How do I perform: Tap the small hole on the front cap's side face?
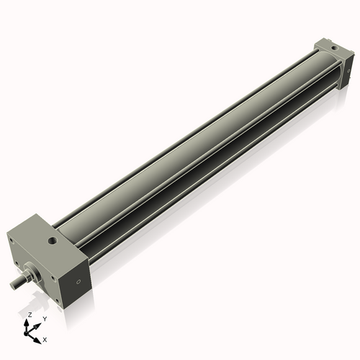[75, 279]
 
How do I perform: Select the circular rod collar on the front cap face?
[32, 274]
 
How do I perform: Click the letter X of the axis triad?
[45, 339]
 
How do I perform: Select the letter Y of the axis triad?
[44, 318]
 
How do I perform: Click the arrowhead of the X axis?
[38, 337]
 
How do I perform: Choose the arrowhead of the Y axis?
[38, 323]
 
